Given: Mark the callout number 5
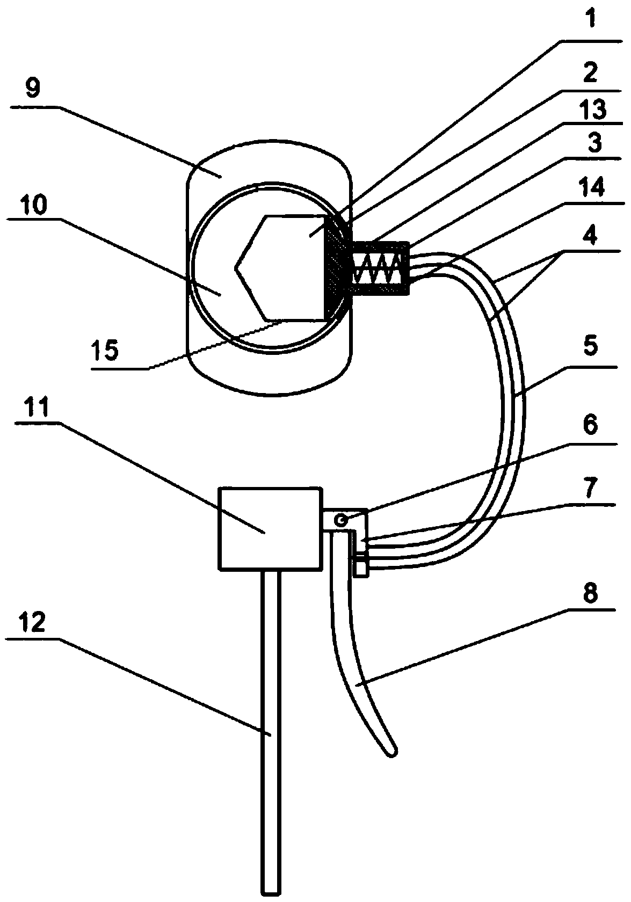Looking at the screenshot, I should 590,347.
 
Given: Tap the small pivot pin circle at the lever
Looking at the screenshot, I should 340,520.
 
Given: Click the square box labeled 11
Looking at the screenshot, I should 270,528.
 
